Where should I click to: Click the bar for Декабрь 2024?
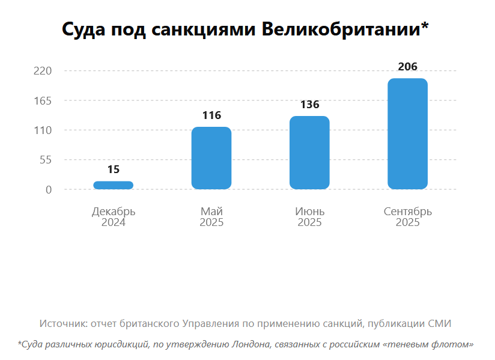coord(114,185)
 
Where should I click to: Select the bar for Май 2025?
coord(211,158)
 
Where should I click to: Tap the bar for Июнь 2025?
coord(309,153)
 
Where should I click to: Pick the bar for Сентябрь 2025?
coord(407,133)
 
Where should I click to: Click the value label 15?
coord(114,169)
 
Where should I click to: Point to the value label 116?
coord(211,115)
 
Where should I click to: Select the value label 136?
coord(309,105)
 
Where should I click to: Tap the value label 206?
coord(407,67)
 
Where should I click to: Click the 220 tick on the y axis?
coord(44,71)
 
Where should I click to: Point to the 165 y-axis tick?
coord(44,100)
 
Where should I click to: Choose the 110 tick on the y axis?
coord(44,130)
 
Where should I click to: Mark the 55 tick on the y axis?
coord(46,160)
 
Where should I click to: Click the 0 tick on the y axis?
coord(49,190)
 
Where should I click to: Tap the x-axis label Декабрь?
coord(114,212)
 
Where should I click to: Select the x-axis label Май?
coord(211,212)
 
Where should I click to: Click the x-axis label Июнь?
coord(309,212)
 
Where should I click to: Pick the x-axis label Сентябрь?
coord(407,212)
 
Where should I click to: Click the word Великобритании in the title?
coord(344,29)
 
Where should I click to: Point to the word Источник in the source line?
coord(62,323)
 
